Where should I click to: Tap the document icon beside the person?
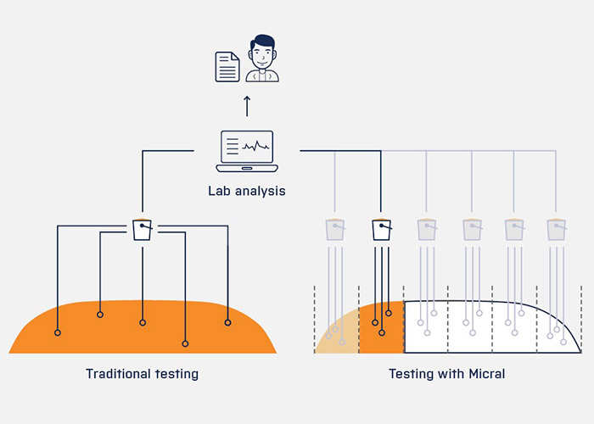click(x=227, y=66)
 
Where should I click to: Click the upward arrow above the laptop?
click(x=247, y=105)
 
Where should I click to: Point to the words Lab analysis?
click(x=247, y=191)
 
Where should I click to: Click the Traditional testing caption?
click(x=142, y=374)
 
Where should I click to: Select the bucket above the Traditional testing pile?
click(x=143, y=230)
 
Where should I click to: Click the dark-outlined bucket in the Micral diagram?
click(x=381, y=230)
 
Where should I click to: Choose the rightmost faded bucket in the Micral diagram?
click(x=558, y=230)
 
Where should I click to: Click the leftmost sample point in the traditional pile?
click(x=58, y=332)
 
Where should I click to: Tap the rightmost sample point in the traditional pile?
click(x=227, y=322)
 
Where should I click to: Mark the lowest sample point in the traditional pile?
click(x=185, y=343)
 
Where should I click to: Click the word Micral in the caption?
click(x=487, y=374)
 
